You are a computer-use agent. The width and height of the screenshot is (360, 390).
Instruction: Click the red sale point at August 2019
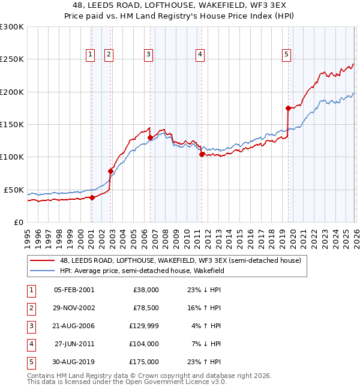point(288,109)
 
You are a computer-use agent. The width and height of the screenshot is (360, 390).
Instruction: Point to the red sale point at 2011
point(202,154)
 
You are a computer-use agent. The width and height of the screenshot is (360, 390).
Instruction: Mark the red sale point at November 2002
point(111,171)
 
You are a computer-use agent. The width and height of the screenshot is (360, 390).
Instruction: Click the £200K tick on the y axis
point(12,92)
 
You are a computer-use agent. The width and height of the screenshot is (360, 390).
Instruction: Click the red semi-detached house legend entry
point(184,260)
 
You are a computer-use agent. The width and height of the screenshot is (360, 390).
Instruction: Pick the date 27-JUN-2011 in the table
point(74,344)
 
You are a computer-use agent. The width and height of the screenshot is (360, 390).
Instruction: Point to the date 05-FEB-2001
point(74,290)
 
